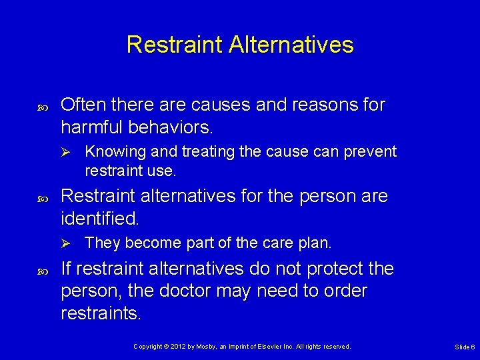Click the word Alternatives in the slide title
point(291,45)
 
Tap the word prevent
point(371,151)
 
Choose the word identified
point(99,217)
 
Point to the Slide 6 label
point(465,347)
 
